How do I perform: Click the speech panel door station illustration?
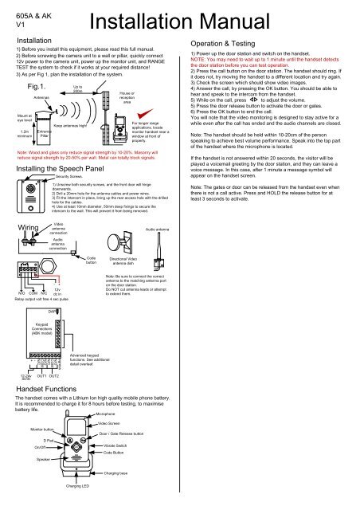point(35,200)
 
